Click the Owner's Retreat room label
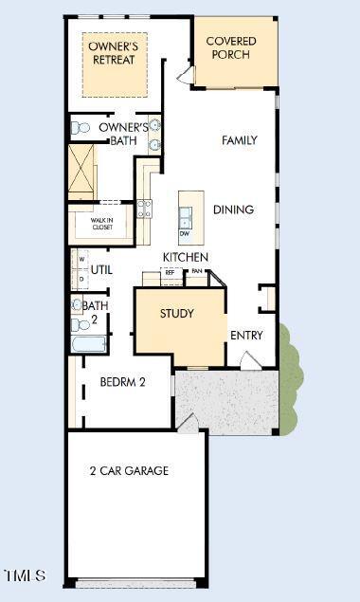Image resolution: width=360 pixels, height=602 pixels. [112, 52]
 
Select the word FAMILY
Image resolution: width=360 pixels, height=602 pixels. [239, 140]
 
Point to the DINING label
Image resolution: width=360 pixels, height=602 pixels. [233, 210]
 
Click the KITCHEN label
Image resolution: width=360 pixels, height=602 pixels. [186, 257]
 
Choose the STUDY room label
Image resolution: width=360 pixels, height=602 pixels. [176, 314]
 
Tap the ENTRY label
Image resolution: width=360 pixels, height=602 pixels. [246, 335]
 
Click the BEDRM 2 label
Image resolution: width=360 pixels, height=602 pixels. [122, 383]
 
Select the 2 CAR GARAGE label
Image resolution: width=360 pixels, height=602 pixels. [129, 470]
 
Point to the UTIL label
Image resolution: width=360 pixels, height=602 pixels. [102, 270]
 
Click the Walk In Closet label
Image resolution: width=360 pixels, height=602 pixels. [101, 224]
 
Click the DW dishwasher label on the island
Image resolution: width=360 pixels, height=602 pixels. [185, 233]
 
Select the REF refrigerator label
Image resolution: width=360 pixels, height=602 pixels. [171, 272]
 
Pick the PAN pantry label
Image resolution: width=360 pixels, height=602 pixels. [197, 272]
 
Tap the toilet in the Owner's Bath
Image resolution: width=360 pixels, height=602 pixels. [81, 127]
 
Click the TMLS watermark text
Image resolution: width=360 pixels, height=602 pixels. [25, 575]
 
